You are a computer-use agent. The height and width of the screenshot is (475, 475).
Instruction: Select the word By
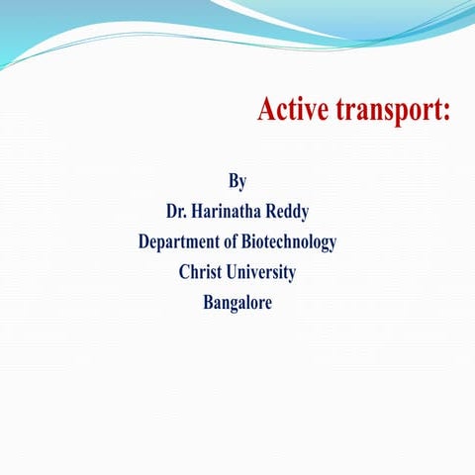[x=237, y=181]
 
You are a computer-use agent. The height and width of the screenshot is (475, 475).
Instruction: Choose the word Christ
[x=202, y=271]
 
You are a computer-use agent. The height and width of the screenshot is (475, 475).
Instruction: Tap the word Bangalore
[x=237, y=302]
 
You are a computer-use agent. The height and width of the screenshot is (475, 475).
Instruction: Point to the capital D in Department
[x=144, y=241]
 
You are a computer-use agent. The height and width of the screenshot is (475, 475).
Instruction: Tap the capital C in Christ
[x=185, y=271]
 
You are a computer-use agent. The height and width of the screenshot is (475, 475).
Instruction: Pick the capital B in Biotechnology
[x=258, y=241]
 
